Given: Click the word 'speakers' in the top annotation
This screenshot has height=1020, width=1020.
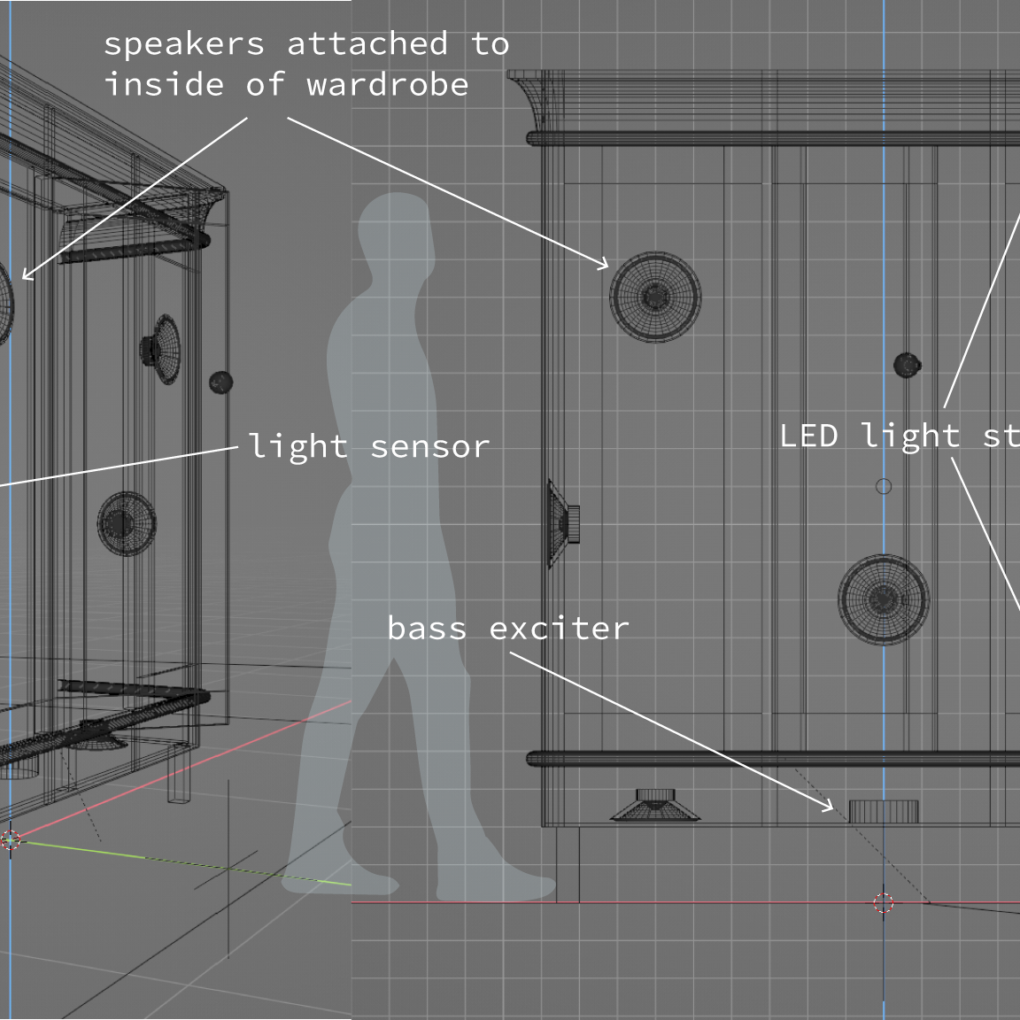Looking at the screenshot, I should (184, 44).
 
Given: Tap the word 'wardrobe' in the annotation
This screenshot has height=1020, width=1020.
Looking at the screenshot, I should (387, 85).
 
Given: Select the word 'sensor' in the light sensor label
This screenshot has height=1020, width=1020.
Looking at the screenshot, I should (429, 446).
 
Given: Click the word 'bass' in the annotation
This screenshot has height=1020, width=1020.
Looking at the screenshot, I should (426, 628).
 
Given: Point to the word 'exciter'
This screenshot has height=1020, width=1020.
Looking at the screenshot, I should (559, 628).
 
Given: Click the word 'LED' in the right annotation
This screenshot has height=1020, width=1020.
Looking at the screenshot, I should (807, 436).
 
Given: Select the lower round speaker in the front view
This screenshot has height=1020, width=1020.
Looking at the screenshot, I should (884, 599).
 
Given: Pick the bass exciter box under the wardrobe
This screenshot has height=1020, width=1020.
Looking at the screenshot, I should (884, 811).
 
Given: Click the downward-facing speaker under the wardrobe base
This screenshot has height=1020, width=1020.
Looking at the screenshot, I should (653, 806).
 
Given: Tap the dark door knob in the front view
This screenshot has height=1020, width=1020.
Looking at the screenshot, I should (907, 365).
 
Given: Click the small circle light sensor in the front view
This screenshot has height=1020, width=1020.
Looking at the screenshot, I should (883, 486).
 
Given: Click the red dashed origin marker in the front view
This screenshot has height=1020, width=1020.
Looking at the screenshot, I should (883, 903).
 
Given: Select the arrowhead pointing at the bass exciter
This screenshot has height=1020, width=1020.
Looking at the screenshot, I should (831, 807).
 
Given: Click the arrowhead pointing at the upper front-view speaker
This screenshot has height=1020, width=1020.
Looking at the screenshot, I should (606, 264).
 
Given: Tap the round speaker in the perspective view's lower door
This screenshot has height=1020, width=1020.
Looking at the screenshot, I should (127, 523).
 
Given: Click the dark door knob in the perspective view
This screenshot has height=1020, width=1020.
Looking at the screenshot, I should (220, 382).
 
